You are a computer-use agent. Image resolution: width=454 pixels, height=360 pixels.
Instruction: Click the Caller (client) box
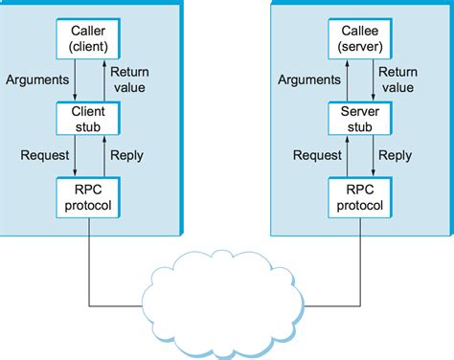pos(89,36)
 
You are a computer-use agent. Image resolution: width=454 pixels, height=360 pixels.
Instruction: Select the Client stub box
pos(89,119)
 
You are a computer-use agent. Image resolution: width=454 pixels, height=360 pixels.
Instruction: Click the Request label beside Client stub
pos(44,155)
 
